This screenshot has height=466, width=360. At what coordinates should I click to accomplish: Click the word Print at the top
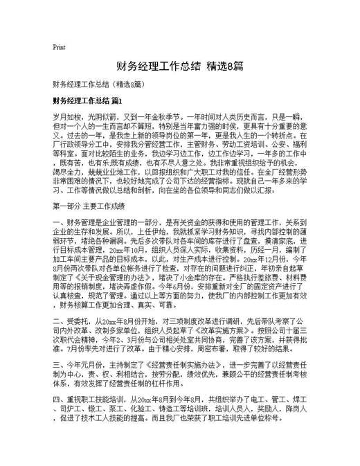(x=59, y=47)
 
